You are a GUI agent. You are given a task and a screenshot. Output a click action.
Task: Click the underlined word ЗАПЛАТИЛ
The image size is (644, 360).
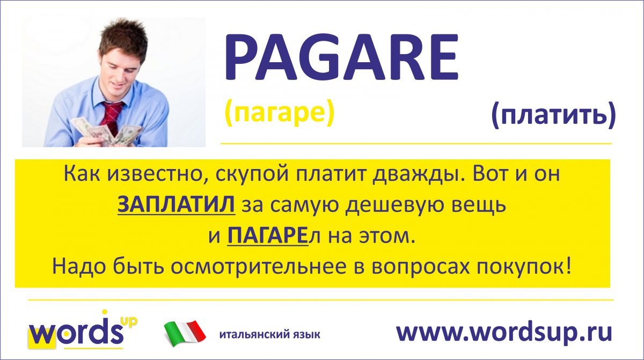pyautogui.click(x=176, y=205)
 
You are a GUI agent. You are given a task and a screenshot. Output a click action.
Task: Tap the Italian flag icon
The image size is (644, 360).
pyautogui.click(x=185, y=333)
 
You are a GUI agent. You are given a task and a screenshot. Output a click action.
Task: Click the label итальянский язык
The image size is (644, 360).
pyautogui.click(x=269, y=334)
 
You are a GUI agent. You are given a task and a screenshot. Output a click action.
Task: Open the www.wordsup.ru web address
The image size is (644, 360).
pyautogui.click(x=504, y=333)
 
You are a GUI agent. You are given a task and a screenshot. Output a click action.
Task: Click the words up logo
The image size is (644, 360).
pyautogui.click(x=83, y=330)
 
